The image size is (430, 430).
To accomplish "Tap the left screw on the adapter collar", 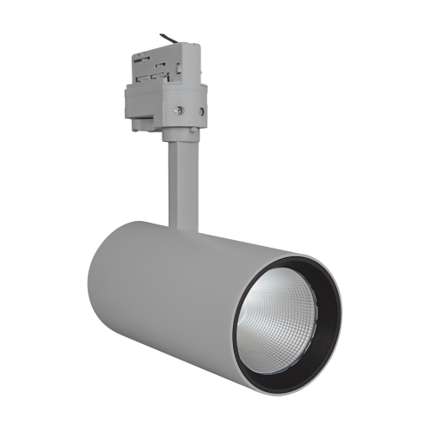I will [178, 108].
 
